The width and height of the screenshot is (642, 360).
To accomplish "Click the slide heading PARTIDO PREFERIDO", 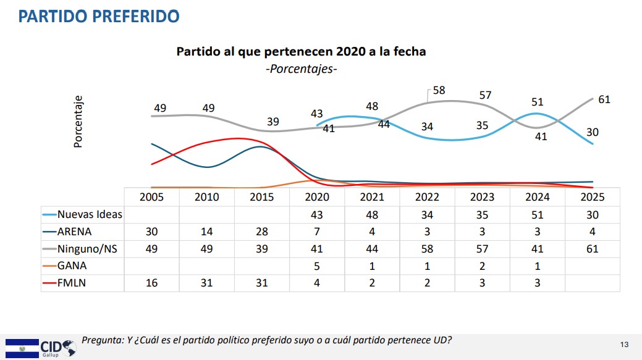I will point(99,16).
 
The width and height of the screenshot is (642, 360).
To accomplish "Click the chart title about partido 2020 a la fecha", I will point(301,51).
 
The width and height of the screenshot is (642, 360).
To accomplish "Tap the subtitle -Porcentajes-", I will point(301,69).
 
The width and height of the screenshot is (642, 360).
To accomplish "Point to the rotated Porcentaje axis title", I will point(78,121).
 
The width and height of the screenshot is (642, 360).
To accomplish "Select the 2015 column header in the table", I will point(262,197).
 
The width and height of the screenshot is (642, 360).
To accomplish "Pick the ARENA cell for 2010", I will point(206,232).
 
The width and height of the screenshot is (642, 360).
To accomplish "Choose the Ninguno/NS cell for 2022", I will point(427,249).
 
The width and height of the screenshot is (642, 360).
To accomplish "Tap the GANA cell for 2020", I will point(317,266).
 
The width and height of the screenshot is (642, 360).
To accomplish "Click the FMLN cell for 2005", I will point(151,283).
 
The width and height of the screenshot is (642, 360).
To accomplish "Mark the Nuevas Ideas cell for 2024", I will point(538,214).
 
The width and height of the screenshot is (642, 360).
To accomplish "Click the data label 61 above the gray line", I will point(604,99).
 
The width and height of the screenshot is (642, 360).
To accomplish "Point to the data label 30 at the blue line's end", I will point(593,132).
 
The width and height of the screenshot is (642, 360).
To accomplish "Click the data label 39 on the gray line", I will point(273,122).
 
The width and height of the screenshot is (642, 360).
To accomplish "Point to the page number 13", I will point(624,344).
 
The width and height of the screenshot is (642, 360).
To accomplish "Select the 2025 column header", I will point(593,197).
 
